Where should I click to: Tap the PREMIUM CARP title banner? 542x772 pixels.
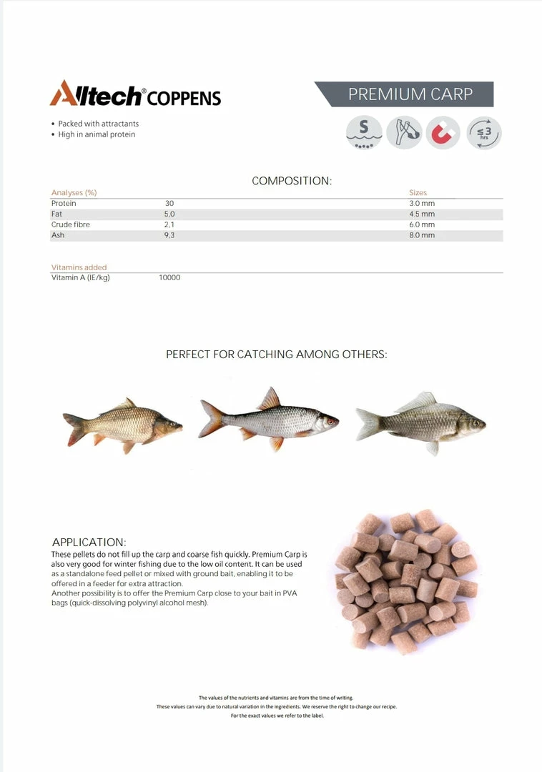click(x=410, y=94)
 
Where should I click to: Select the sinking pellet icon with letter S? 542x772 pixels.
click(x=364, y=133)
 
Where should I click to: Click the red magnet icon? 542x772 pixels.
click(x=443, y=133)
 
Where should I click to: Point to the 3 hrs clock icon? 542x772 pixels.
click(x=484, y=133)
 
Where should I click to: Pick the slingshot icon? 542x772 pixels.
click(x=404, y=133)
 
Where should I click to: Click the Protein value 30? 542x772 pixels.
click(x=169, y=204)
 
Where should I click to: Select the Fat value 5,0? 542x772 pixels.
click(x=169, y=214)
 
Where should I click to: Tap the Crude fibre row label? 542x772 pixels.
click(x=71, y=224)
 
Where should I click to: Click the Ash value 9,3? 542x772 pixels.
click(x=169, y=235)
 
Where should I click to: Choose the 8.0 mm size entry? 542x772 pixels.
click(x=422, y=235)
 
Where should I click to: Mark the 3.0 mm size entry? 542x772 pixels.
click(x=422, y=204)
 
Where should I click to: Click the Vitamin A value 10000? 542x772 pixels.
click(x=169, y=277)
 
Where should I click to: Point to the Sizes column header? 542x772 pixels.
click(x=418, y=193)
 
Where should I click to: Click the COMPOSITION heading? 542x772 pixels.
click(x=292, y=182)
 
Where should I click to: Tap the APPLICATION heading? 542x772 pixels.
click(x=89, y=543)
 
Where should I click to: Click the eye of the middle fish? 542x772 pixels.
click(x=329, y=422)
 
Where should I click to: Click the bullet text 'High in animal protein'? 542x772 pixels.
click(x=97, y=134)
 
